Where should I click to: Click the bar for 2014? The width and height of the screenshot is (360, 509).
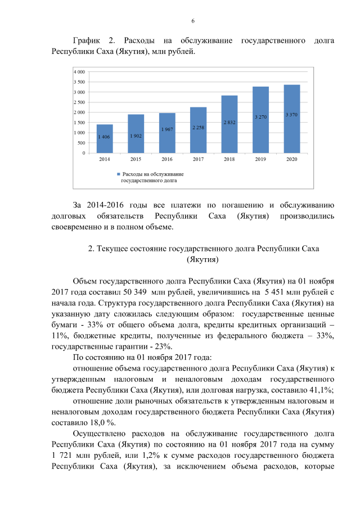click(104, 138)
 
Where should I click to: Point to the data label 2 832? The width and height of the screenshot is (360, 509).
click(229, 122)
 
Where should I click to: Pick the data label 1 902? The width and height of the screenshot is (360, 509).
click(136, 136)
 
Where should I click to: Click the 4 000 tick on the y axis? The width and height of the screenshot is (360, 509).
click(79, 72)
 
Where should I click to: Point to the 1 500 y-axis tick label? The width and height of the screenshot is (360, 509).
click(79, 123)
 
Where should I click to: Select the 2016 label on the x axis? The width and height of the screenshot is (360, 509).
click(167, 160)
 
